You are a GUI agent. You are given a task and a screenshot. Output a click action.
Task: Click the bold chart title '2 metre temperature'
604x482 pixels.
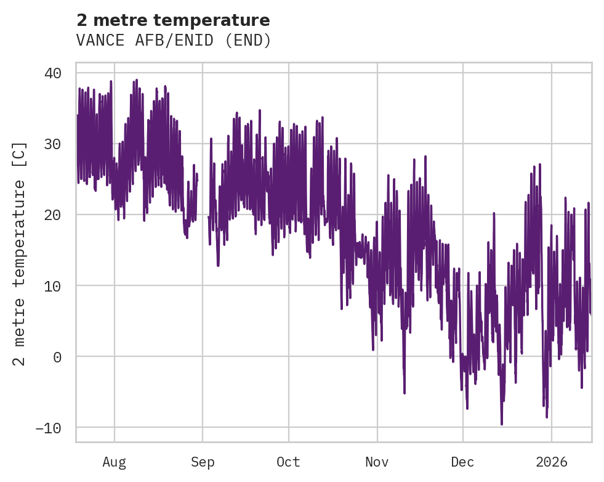pyautogui.click(x=173, y=20)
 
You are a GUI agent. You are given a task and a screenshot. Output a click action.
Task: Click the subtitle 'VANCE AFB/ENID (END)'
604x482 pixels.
pyautogui.click(x=174, y=41)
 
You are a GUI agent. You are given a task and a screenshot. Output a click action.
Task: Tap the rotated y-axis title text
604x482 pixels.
pyautogui.click(x=20, y=253)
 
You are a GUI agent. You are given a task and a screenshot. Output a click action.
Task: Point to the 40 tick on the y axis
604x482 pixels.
pyautogui.click(x=52, y=73)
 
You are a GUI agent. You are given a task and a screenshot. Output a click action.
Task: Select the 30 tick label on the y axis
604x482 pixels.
pyautogui.click(x=52, y=144)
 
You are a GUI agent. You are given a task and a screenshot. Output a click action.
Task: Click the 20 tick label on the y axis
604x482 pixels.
pyautogui.click(x=52, y=215)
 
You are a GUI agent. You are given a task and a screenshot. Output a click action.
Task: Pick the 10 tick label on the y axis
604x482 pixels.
pyautogui.click(x=52, y=286)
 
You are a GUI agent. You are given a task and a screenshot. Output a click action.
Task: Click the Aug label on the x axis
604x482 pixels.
pyautogui.click(x=114, y=462)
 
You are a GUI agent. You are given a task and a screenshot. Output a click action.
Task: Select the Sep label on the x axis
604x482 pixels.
pyautogui.click(x=203, y=462)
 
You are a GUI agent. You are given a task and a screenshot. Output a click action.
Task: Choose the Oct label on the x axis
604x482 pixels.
pyautogui.click(x=288, y=462)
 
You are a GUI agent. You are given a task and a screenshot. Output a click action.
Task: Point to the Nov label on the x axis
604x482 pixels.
pyautogui.click(x=377, y=462)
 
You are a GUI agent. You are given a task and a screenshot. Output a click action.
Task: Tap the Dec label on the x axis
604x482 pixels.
pyautogui.click(x=462, y=462)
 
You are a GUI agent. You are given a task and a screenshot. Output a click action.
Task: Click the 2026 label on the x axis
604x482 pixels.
pyautogui.click(x=551, y=462)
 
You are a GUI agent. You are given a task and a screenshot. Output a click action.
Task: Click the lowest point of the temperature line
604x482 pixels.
pyautogui.click(x=501, y=424)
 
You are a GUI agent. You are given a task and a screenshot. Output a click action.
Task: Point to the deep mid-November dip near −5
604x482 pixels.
pyautogui.click(x=405, y=392)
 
